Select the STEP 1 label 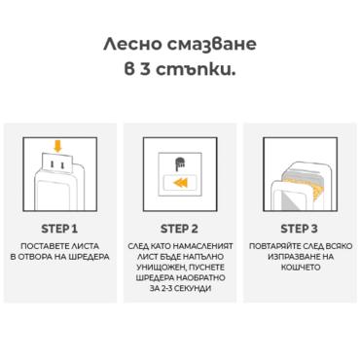pos(61,227)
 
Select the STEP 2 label pos(179,227)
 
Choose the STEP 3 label pos(297,227)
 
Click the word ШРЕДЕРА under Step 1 pos(89,257)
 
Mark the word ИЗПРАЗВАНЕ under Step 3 pos(290,257)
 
